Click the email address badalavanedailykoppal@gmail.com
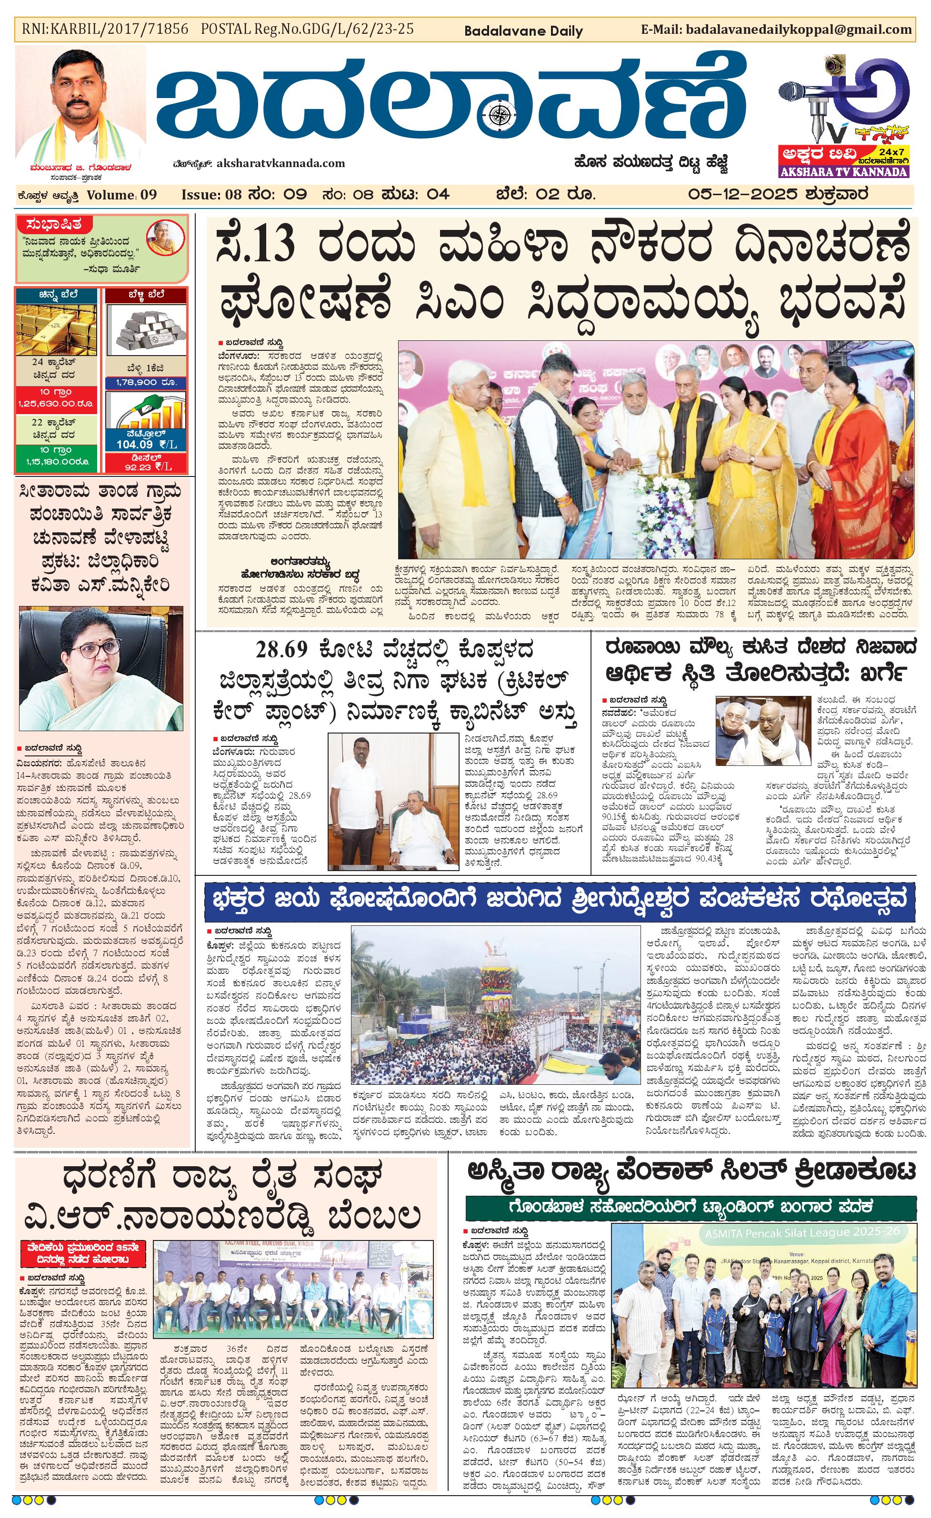click(x=798, y=29)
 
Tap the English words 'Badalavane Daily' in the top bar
click(x=523, y=31)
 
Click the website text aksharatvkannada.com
click(x=278, y=163)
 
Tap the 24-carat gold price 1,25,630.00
click(x=55, y=404)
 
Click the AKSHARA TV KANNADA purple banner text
click(x=843, y=172)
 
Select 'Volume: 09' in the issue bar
click(x=121, y=195)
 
